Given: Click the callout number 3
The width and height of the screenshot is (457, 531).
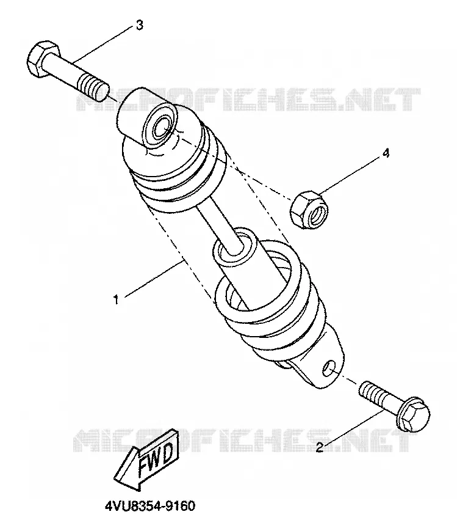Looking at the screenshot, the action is point(139,25).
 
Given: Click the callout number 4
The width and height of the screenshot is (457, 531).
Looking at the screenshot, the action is point(386,153).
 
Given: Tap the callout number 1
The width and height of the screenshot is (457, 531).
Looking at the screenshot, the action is point(116,299).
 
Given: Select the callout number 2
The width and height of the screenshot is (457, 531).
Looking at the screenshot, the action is point(320,447).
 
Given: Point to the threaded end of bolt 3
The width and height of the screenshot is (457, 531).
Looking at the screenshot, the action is point(94,87).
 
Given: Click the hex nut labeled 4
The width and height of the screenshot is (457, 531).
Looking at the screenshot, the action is point(309,210).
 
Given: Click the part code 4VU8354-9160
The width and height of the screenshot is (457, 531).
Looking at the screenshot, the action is point(150,507).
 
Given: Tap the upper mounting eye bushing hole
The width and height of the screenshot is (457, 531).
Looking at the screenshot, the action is point(162,126).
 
